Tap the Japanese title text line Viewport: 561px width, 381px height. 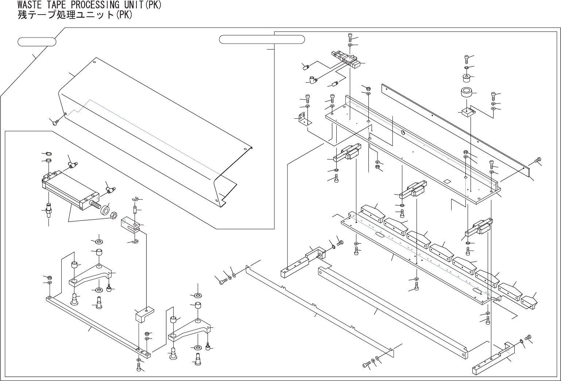pos(75,15)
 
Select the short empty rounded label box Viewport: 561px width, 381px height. pos(37,42)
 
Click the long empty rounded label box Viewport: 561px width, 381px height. pos(262,39)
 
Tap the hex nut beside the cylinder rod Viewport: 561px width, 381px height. pos(113,215)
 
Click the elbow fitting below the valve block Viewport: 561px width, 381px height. pos(312,80)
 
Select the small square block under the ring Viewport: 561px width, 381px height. pos(468,112)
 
